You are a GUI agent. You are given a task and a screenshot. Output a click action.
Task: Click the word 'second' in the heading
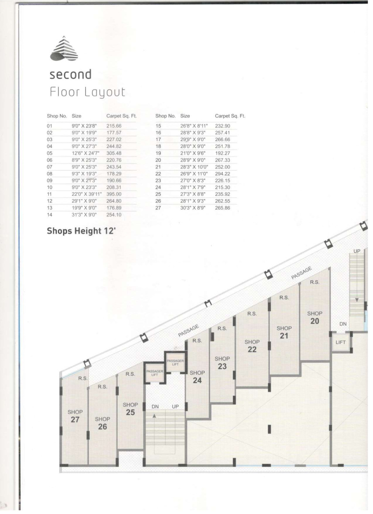tap(70, 74)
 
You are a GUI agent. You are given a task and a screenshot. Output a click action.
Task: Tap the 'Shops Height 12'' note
tap(82, 231)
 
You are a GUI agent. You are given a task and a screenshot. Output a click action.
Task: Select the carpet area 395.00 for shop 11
tap(114, 194)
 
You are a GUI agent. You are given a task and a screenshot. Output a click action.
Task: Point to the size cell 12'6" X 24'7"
tap(86, 153)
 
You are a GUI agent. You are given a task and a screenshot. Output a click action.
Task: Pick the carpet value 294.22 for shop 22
tap(222, 174)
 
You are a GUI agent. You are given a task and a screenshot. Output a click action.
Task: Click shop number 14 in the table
tap(50, 215)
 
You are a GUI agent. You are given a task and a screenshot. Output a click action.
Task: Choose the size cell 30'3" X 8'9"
tap(193, 208)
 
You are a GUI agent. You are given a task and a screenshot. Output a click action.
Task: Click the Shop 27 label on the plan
tap(75, 416)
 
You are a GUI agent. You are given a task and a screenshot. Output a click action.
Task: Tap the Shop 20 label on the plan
tap(315, 317)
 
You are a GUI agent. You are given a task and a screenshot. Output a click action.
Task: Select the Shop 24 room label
tap(197, 377)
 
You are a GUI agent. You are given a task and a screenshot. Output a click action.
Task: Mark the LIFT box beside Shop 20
tap(340, 342)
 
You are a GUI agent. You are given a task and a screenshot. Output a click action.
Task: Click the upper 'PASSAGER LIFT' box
tap(175, 362)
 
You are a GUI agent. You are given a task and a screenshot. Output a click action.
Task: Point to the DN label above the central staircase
tap(155, 406)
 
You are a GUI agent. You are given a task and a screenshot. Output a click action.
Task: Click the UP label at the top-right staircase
tap(357, 251)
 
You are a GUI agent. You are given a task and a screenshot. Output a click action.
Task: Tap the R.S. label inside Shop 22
tap(252, 314)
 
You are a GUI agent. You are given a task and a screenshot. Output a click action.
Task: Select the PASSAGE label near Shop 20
tap(302, 273)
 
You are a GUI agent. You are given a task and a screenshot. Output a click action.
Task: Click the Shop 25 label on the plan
tap(130, 409)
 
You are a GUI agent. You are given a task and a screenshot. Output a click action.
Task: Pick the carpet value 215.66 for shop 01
tap(114, 126)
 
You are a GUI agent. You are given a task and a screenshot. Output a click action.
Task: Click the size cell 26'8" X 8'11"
tap(194, 126)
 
